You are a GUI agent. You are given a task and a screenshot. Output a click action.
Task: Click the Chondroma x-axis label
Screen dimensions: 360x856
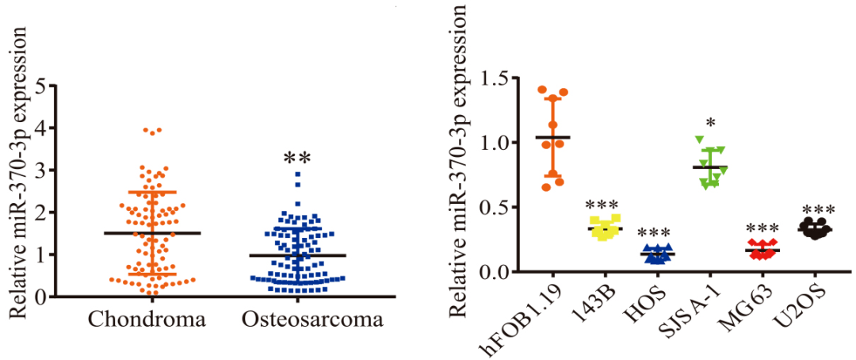tap(147, 320)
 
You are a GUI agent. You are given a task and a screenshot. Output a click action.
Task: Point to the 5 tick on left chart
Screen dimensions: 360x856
tap(40, 86)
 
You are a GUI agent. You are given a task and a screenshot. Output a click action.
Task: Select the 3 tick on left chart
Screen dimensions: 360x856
tap(40, 170)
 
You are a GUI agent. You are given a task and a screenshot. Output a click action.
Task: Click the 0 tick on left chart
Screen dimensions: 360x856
tap(40, 297)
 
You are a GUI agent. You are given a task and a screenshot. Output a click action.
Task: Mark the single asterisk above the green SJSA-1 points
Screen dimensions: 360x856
tap(710, 124)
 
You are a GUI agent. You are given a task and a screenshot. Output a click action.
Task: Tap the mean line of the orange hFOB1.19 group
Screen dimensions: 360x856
tap(552, 137)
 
